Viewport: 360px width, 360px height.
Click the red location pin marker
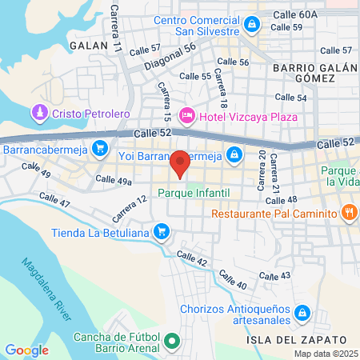180,163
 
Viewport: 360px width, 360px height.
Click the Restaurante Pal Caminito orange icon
348,213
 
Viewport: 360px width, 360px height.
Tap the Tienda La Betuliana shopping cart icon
162,232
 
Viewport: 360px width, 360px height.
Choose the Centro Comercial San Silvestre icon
252,25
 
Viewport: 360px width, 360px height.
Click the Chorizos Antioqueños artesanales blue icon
302,311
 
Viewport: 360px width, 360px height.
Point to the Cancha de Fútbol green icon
171,343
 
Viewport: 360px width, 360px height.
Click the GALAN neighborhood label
88,46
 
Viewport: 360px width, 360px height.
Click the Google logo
26,350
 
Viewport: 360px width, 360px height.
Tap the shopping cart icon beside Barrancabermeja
100,147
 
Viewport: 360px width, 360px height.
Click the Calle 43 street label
274,275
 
